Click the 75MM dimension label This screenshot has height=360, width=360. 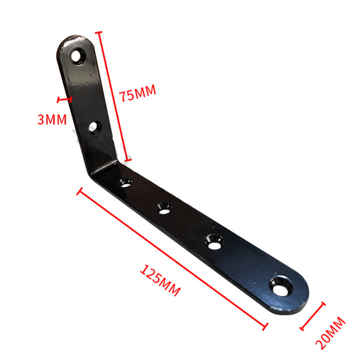click(137, 93)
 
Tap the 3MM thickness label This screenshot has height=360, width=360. click(52, 119)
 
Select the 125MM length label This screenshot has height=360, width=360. click(160, 280)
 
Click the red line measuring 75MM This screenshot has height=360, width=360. click(113, 97)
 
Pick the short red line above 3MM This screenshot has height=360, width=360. click(65, 100)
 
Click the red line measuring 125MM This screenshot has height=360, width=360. click(172, 259)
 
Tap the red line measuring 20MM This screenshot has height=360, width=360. click(313, 316)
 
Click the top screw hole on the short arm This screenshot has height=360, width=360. click(78, 56)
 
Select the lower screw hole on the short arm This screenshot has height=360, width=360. click(95, 128)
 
